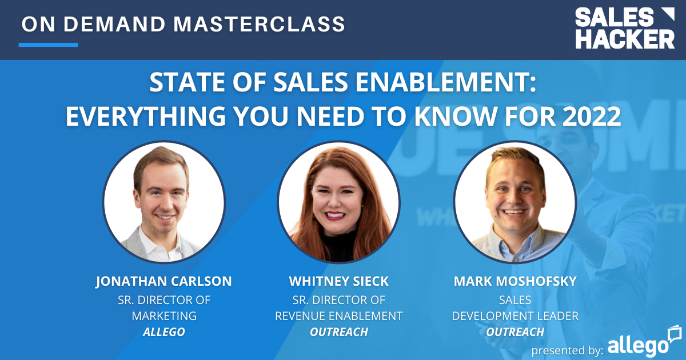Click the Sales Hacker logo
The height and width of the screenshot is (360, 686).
(x=624, y=28)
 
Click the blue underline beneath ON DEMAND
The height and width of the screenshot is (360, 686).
(x=48, y=44)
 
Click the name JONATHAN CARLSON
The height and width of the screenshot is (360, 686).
(x=163, y=282)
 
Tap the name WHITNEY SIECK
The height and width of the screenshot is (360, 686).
(x=338, y=282)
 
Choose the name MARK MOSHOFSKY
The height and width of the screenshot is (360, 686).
(x=515, y=282)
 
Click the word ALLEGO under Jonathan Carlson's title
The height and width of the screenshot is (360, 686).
(x=163, y=332)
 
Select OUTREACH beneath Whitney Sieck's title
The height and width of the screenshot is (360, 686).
(x=338, y=332)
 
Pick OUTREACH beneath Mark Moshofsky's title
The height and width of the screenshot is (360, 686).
(x=515, y=332)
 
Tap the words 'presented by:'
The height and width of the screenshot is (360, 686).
(x=567, y=349)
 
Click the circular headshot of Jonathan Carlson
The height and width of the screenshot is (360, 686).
(x=164, y=203)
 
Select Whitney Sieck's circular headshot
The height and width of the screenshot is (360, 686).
(x=339, y=203)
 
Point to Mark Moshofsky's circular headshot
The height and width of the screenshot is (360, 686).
(x=515, y=203)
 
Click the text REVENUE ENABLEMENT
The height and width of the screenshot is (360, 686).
(x=338, y=315)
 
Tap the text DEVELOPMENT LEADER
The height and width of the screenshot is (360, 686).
(x=515, y=315)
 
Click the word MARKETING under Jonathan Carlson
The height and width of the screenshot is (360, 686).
(x=163, y=315)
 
